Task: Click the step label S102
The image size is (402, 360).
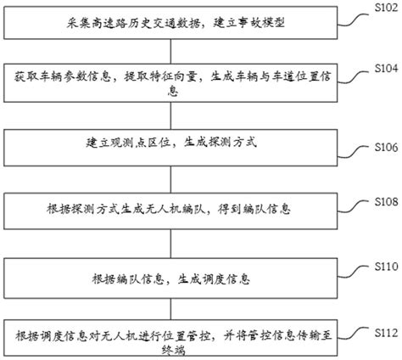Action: pos(386,8)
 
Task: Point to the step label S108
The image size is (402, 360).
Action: pos(386,202)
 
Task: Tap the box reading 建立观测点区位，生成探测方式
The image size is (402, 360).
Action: pos(177,143)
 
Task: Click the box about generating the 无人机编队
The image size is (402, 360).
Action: pos(177,208)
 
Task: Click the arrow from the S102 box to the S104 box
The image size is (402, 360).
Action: pos(179,53)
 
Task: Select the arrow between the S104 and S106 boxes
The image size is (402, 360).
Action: pos(179,115)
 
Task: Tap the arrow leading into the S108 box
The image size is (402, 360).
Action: pos(179,179)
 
